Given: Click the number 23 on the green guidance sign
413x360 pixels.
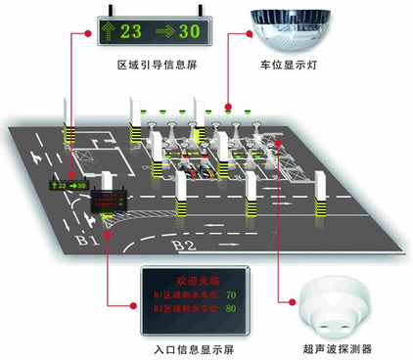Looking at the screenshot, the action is (132, 30).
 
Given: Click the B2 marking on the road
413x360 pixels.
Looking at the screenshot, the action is (184, 245).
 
